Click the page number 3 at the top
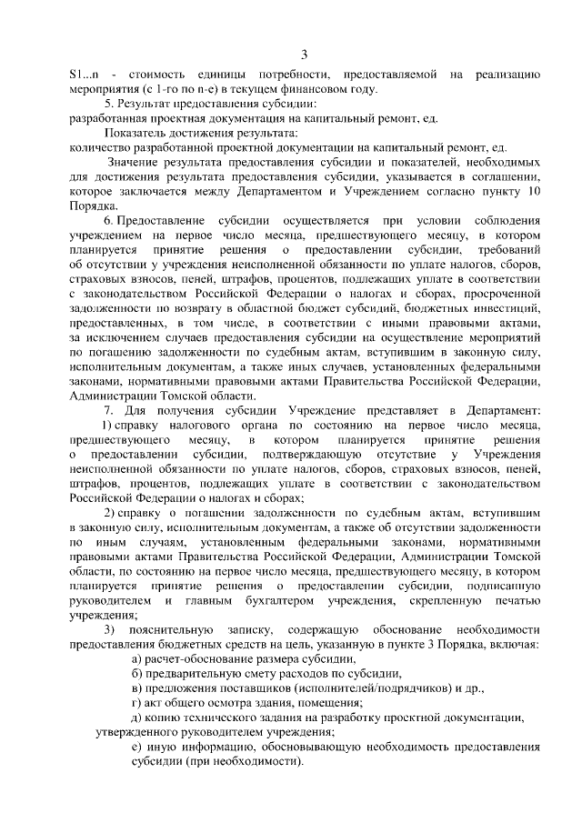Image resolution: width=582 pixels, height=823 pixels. tap(305, 52)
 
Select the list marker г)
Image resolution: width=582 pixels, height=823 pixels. tap(137, 703)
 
